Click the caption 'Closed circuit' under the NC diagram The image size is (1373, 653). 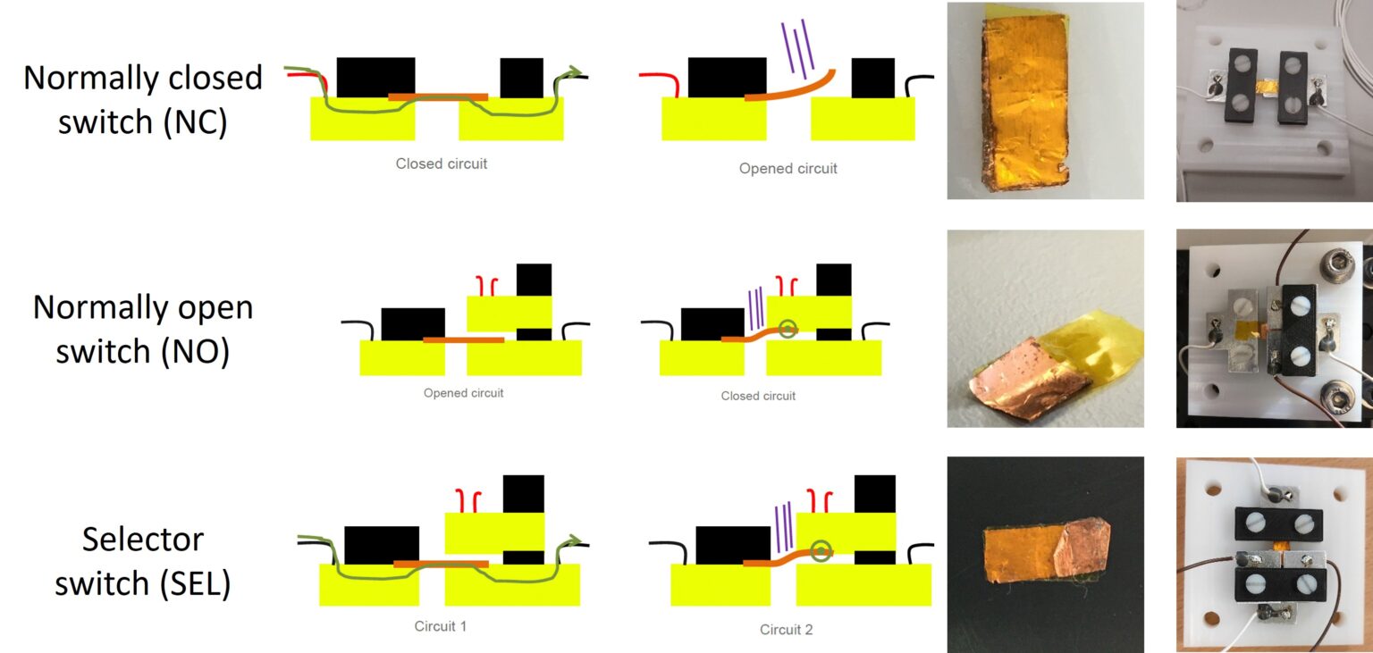[442, 164]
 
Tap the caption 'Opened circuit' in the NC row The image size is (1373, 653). [788, 168]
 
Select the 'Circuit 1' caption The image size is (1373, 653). [440, 626]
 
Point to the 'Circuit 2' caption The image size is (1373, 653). [786, 630]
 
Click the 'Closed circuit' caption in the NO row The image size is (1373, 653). [758, 396]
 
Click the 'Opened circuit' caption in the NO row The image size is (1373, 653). [463, 393]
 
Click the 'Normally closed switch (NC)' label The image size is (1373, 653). [143, 99]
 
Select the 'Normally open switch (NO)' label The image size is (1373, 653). [143, 330]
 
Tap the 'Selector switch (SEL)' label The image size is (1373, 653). [143, 560]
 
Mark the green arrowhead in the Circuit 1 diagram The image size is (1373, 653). [574, 540]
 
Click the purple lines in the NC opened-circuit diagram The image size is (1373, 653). [797, 51]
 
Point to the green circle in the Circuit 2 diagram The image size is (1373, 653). [821, 550]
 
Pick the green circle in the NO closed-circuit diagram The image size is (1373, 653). [787, 330]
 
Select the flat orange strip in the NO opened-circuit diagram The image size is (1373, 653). [463, 340]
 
